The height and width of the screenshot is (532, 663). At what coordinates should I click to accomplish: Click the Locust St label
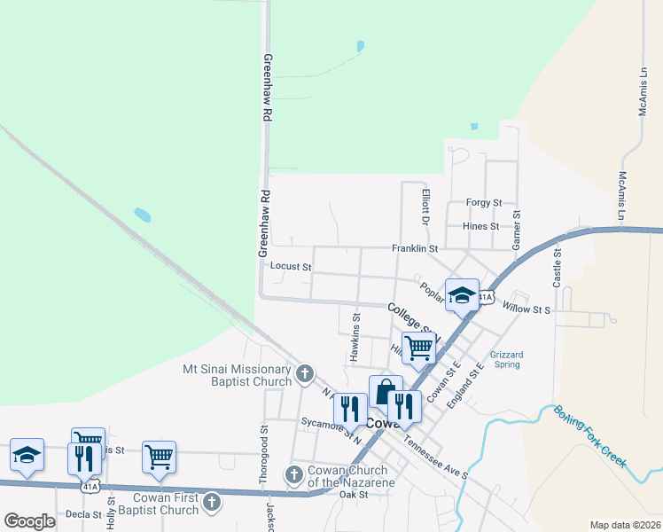[x=291, y=266]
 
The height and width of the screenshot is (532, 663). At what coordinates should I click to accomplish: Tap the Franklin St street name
[x=415, y=249]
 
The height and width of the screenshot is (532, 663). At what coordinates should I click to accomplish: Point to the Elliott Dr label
[x=425, y=206]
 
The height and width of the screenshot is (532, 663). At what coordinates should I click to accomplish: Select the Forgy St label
[x=483, y=203]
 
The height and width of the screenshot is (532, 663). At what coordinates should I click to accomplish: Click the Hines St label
[x=480, y=226]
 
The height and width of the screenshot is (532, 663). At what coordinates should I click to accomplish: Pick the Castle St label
[x=558, y=265]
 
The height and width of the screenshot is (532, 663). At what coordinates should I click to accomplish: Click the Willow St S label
[x=526, y=309]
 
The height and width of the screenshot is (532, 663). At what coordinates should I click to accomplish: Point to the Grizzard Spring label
[x=507, y=359]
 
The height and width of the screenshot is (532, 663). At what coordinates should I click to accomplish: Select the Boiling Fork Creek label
[x=589, y=436]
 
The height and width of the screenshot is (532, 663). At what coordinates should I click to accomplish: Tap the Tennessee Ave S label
[x=434, y=457]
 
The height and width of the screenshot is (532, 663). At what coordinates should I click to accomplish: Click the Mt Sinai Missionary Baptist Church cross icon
[x=305, y=372]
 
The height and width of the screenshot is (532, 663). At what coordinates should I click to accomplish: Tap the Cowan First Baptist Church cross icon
[x=211, y=503]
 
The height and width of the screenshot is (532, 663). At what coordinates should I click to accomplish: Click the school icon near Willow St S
[x=462, y=295]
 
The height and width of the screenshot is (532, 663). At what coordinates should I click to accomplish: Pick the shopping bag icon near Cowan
[x=386, y=392]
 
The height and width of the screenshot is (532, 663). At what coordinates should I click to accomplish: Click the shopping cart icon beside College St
[x=418, y=347]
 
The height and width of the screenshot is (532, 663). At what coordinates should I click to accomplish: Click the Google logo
[x=29, y=521]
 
